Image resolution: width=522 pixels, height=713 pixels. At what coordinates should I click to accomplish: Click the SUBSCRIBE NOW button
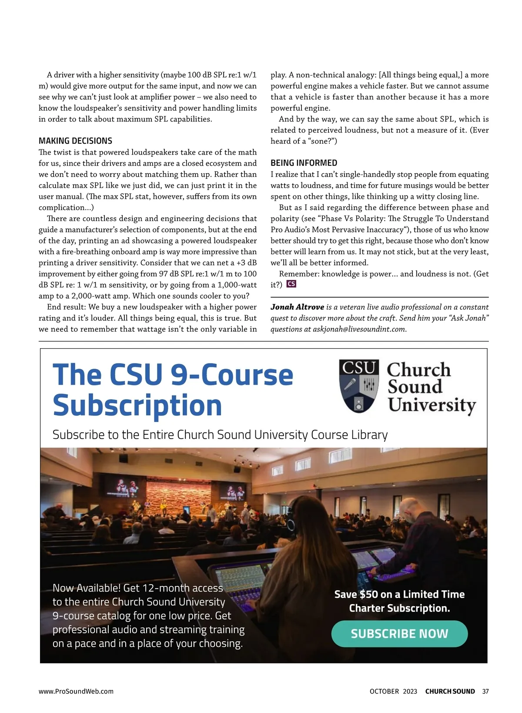[399, 634]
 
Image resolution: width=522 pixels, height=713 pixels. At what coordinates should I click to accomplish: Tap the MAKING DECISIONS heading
[75, 141]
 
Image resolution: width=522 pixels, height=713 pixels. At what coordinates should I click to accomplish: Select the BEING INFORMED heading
[304, 163]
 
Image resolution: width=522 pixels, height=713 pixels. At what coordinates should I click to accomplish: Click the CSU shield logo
[359, 386]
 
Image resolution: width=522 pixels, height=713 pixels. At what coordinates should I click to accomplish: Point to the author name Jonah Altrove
[297, 307]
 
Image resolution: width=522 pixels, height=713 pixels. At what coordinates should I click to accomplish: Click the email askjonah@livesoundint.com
[359, 329]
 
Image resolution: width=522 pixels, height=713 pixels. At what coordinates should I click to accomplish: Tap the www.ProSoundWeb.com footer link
[76, 691]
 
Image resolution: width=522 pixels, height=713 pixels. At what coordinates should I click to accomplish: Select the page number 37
[485, 691]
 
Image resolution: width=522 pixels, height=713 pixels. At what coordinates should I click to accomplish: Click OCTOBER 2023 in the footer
[393, 691]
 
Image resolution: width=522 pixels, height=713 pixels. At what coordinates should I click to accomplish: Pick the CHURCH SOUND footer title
[450, 691]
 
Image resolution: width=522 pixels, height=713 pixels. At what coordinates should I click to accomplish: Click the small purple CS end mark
[291, 284]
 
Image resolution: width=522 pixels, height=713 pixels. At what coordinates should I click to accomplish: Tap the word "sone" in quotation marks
[321, 141]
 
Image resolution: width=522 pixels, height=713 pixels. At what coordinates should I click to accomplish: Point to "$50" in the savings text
[369, 595]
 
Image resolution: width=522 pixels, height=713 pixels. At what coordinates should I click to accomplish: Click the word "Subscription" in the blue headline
[137, 406]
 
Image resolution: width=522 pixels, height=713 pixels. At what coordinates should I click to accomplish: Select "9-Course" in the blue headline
[232, 375]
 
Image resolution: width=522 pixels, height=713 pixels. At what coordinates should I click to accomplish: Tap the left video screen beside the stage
[126, 487]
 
